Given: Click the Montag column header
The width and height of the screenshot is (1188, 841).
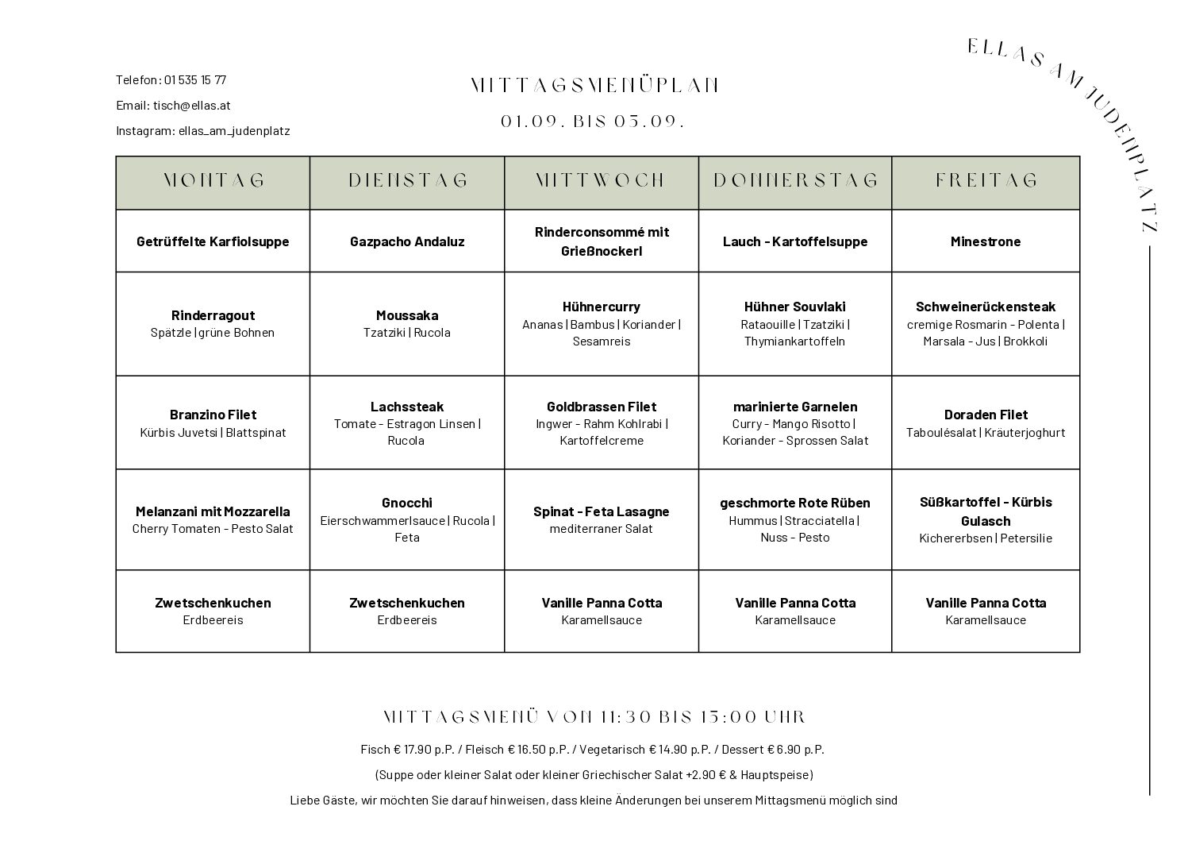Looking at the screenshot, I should click(x=213, y=181).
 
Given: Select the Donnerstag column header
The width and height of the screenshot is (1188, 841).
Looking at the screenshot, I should click(x=795, y=181).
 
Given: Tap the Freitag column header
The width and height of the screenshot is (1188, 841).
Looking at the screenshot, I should click(x=986, y=181).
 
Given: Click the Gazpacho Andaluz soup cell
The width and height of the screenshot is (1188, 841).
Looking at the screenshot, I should click(x=407, y=241).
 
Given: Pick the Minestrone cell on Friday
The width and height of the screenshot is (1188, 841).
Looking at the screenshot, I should click(x=986, y=241).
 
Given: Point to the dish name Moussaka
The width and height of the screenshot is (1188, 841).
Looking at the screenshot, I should click(x=407, y=315).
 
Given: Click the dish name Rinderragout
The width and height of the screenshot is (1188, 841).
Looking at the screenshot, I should click(x=213, y=315).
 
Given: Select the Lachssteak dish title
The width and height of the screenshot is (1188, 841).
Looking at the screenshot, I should click(x=407, y=407).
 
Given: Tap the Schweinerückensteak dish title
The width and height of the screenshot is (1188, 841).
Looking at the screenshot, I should click(x=986, y=307).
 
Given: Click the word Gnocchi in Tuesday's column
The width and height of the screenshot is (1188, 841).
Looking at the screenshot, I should click(x=407, y=503).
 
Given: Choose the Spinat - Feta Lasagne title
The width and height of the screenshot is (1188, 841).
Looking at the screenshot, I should click(x=602, y=511).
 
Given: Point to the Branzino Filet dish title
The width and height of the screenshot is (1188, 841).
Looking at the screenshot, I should click(x=213, y=415).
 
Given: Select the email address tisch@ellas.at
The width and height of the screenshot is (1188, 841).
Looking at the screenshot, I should click(x=192, y=105).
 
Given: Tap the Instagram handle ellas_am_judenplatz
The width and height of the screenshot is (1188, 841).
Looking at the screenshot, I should click(x=234, y=130).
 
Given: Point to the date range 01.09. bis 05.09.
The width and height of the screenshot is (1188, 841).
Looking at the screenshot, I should click(x=592, y=122).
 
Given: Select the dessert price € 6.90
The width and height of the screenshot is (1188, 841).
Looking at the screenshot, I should click(x=796, y=749).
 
